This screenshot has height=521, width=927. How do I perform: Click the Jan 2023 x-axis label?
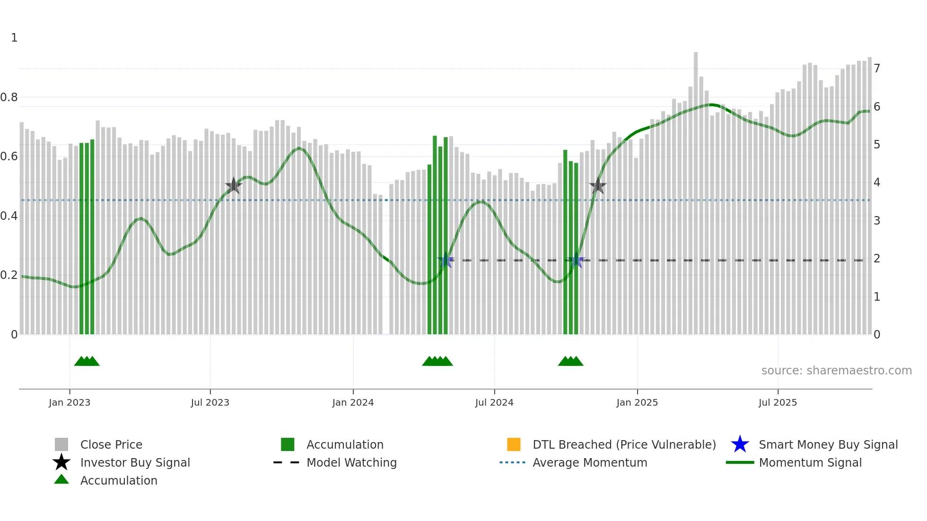[70, 402]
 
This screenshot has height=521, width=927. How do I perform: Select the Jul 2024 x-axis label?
[494, 402]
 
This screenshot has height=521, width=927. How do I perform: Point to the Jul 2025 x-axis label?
[778, 402]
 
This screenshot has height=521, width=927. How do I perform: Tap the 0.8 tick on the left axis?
[9, 97]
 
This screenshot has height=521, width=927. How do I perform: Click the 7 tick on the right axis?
[877, 69]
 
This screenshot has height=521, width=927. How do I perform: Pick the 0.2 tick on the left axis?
[9, 275]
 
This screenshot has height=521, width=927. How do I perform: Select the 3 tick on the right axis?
[877, 221]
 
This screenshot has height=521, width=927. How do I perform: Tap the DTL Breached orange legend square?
[514, 444]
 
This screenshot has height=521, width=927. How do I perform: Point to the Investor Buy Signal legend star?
[61, 462]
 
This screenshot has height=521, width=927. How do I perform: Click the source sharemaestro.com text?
[836, 371]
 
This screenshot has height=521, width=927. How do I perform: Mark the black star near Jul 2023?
[233, 186]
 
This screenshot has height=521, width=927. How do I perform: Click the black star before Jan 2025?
[598, 186]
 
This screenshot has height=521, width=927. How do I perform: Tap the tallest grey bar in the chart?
[696, 189]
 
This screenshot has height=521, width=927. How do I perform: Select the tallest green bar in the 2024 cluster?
[435, 236]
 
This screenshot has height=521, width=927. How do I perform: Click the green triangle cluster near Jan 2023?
[87, 361]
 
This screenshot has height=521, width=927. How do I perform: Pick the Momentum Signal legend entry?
[810, 462]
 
